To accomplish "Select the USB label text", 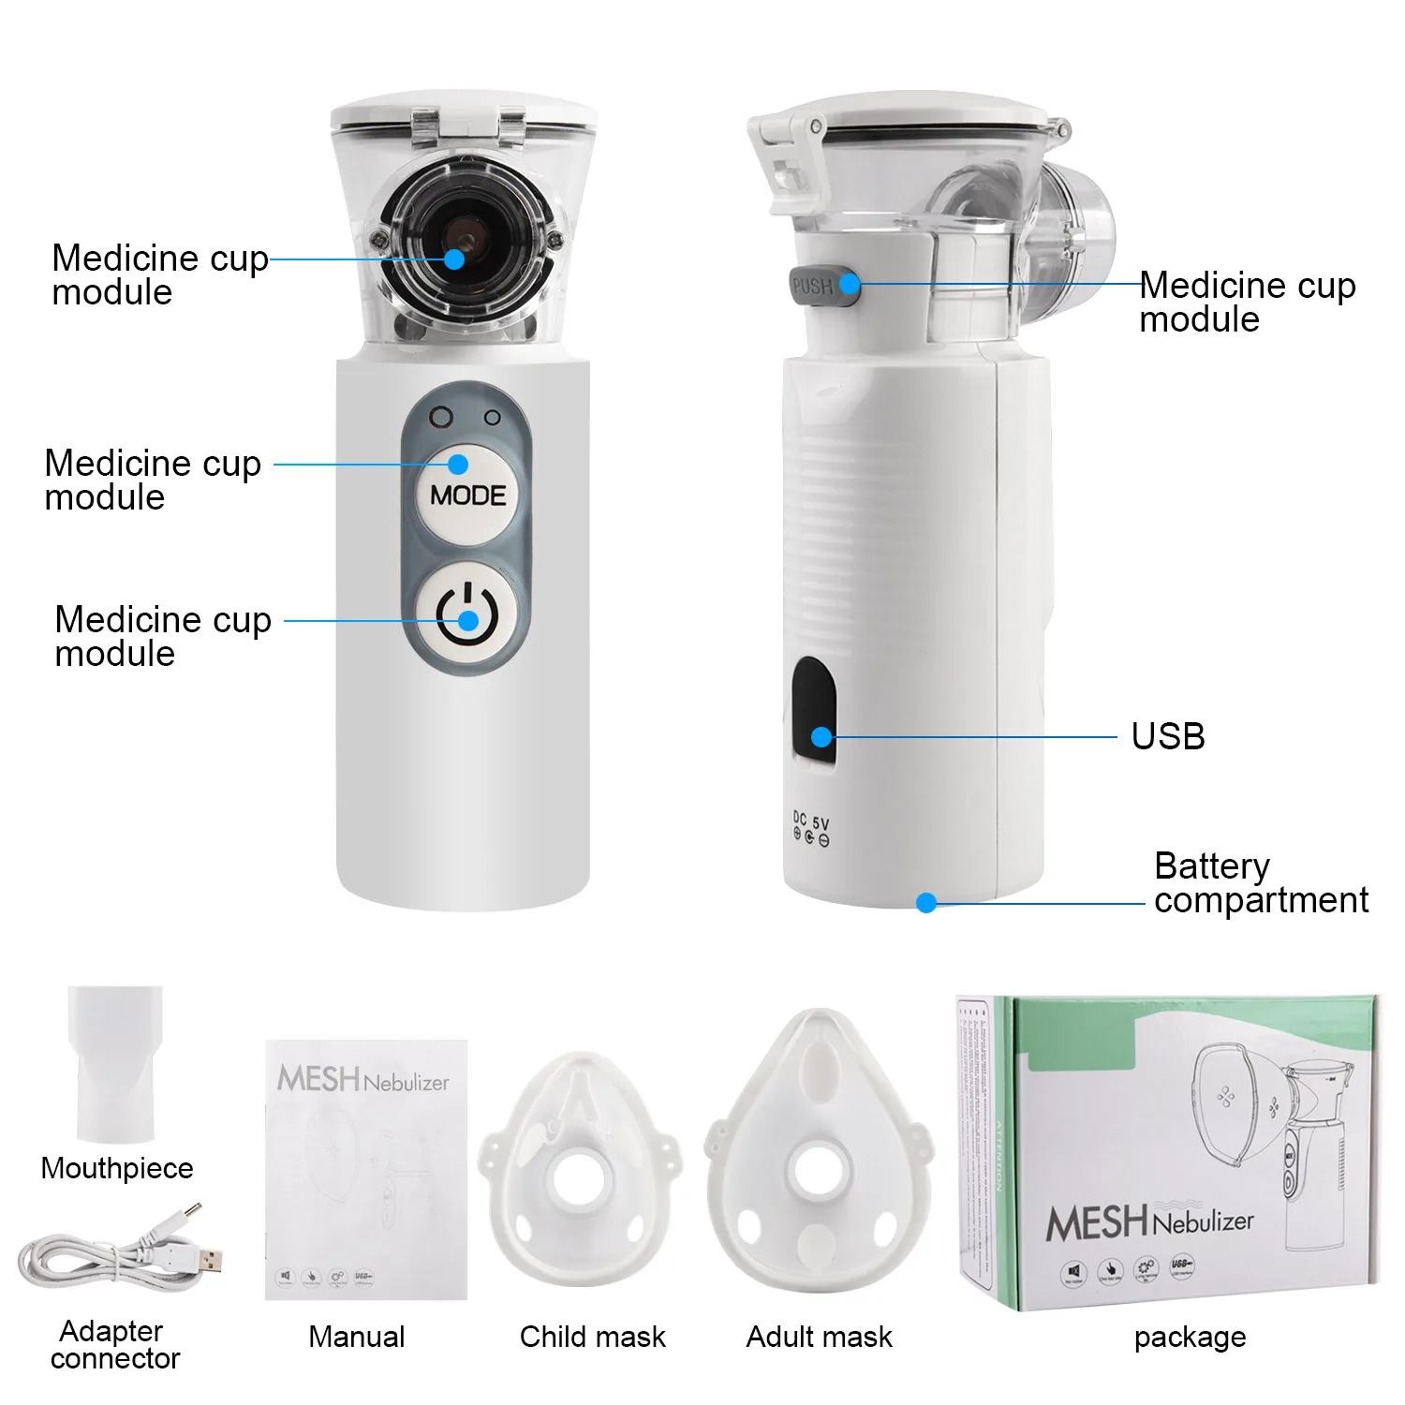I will click(1167, 736).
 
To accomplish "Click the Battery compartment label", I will click(1260, 882).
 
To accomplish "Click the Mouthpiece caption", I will click(117, 1168).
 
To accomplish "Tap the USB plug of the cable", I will click(208, 1258).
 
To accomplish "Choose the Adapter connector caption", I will click(114, 1344).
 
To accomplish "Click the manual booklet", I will click(366, 1169).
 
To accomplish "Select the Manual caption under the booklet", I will click(356, 1337).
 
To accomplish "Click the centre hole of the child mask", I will click(580, 1179).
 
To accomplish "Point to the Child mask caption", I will click(592, 1337).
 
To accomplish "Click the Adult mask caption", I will click(819, 1337).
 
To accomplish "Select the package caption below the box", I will click(1190, 1337).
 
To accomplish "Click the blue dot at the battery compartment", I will click(926, 903).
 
